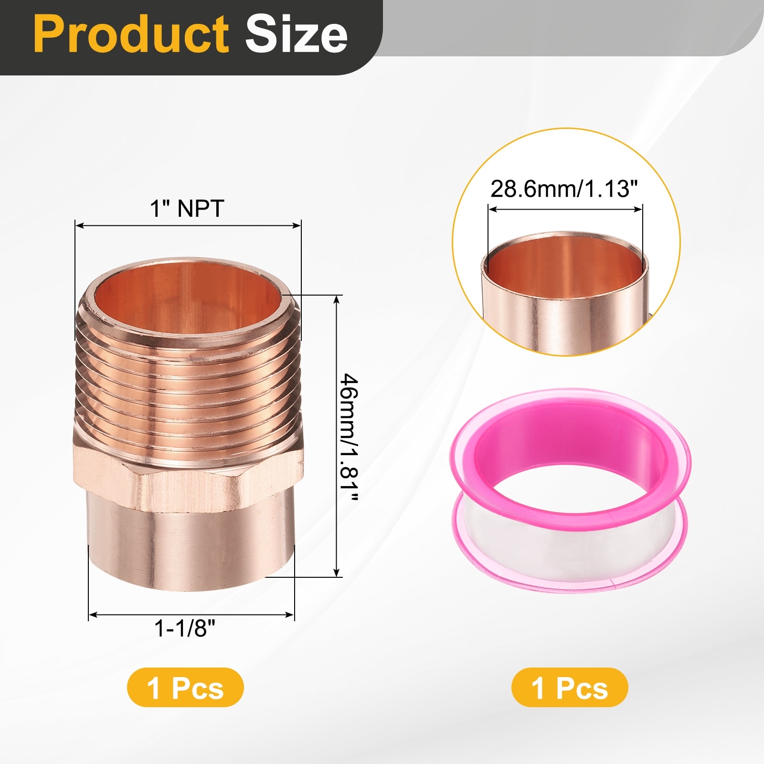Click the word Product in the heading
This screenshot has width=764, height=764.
click(132, 34)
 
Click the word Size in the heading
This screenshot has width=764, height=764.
click(296, 34)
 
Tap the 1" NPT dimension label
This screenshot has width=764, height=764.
click(187, 209)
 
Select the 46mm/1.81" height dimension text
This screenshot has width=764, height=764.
click(349, 437)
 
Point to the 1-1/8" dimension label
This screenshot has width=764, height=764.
click(185, 628)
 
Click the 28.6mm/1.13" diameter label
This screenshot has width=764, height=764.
click(564, 189)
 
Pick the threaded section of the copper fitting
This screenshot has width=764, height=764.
click(188, 382)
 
